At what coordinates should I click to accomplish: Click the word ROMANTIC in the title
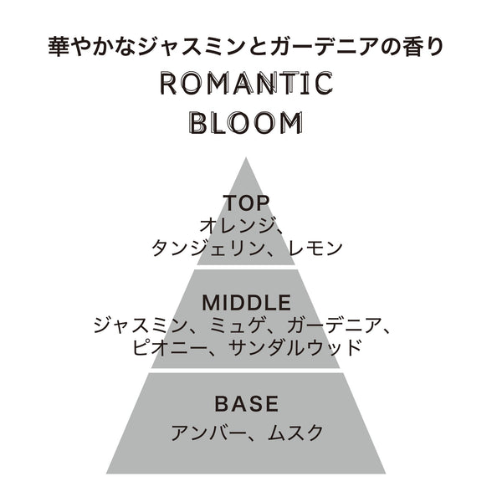(x=246, y=84)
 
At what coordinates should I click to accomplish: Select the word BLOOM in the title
(x=245, y=123)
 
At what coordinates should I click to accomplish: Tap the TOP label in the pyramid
(x=246, y=203)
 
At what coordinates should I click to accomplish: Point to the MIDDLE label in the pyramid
(x=247, y=303)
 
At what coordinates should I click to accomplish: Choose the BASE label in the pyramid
(x=247, y=403)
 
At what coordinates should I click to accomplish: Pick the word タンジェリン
(x=207, y=248)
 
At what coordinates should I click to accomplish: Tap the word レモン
(x=315, y=248)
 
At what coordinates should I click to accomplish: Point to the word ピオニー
(x=168, y=348)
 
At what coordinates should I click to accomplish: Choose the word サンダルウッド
(x=295, y=348)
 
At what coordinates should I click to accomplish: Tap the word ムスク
(x=295, y=433)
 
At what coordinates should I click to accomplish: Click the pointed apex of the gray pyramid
(x=246, y=157)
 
